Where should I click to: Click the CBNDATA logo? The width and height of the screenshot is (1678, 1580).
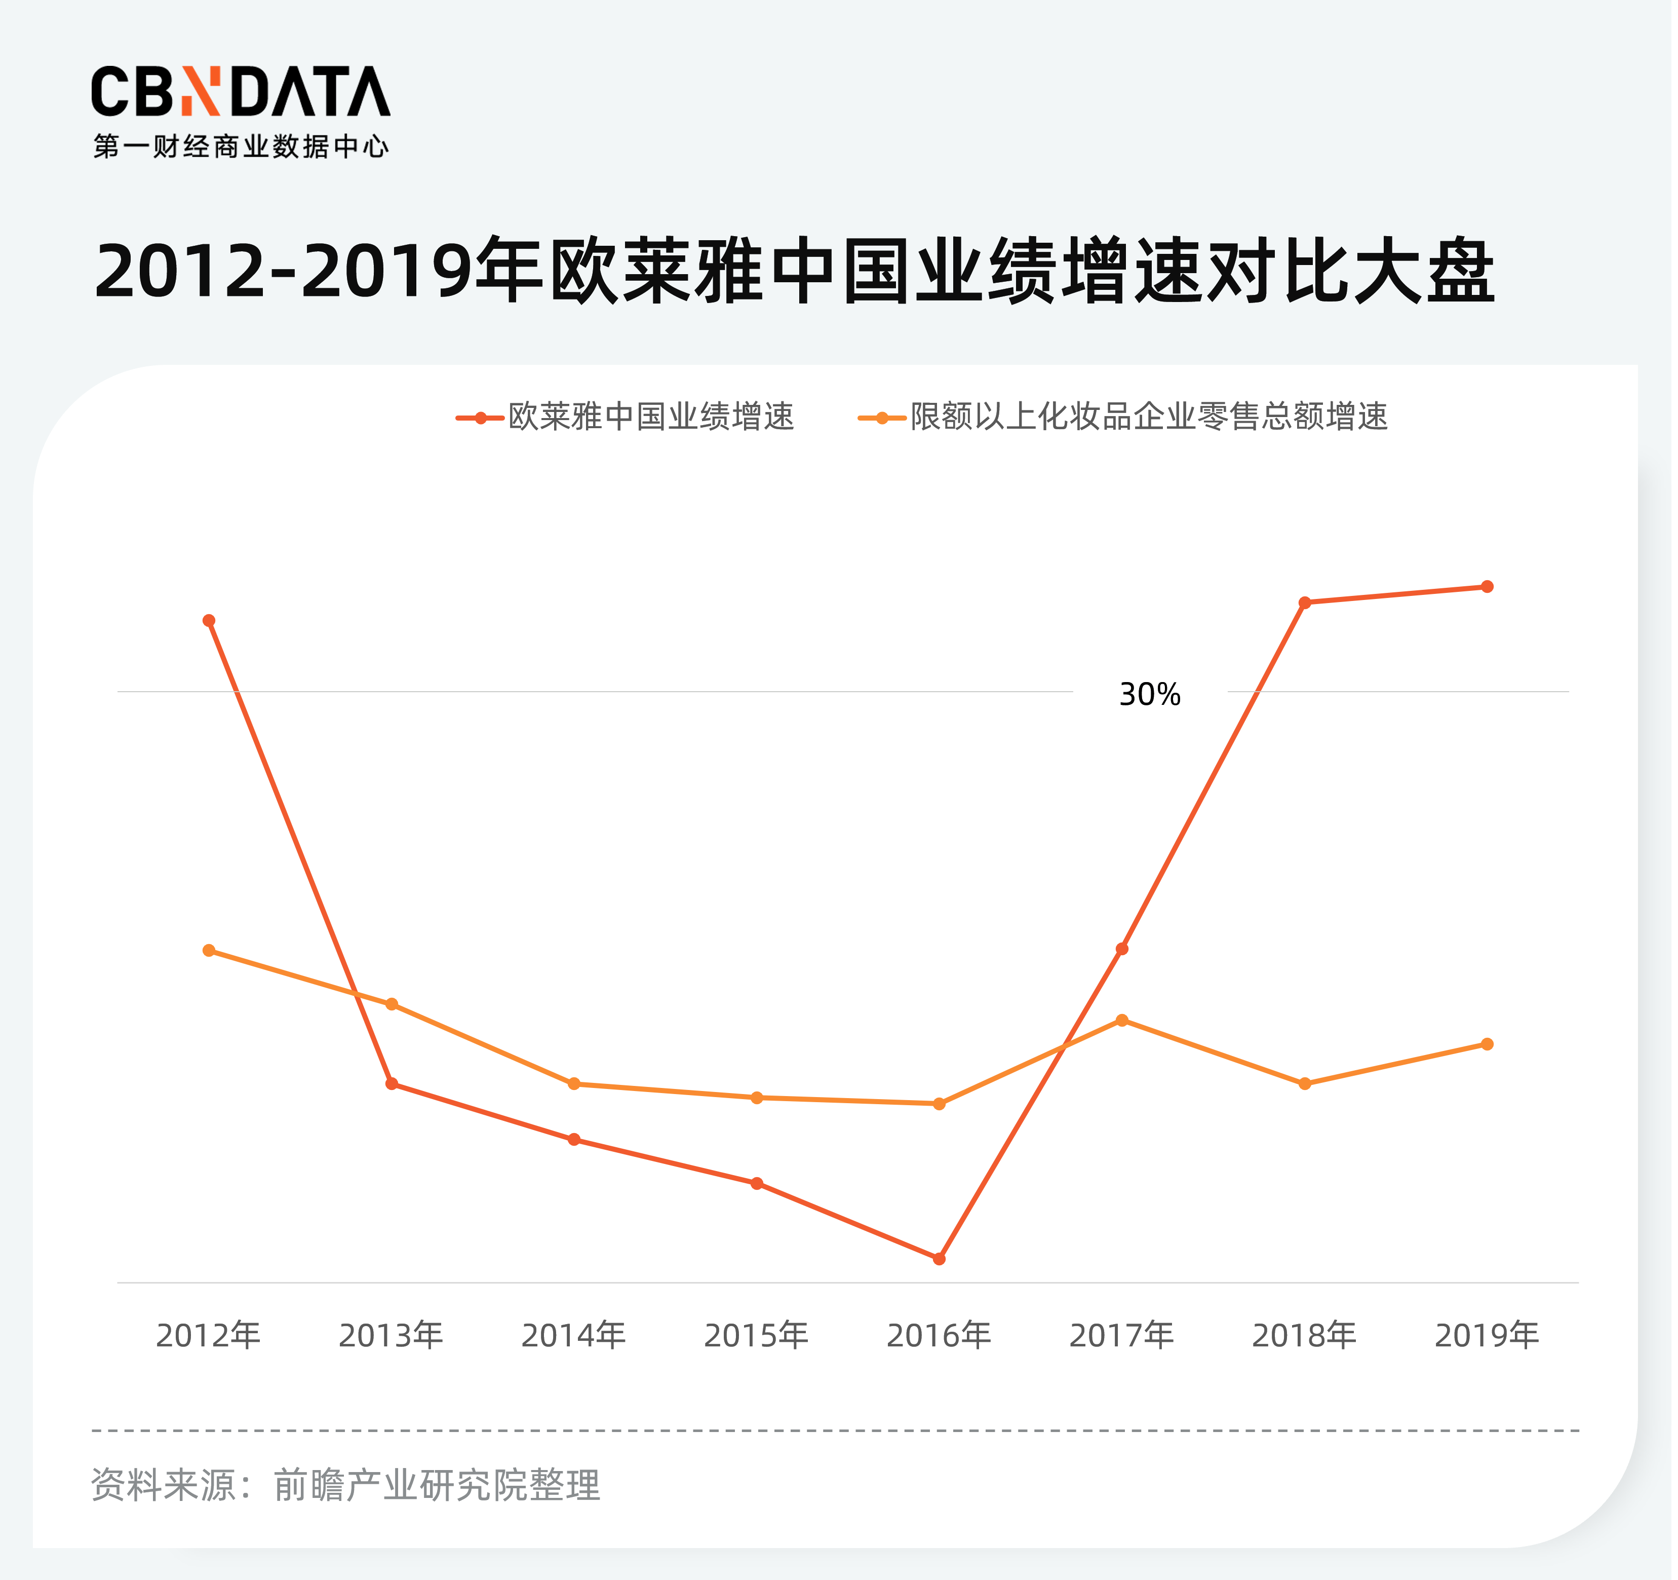241,91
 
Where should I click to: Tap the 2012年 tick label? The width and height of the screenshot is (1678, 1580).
209,1335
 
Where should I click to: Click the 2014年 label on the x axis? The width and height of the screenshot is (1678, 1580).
574,1335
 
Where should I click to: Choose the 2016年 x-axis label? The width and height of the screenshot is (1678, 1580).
939,1335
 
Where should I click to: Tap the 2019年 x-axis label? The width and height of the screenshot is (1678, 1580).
1487,1335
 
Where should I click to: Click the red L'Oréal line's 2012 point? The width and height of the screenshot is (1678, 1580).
209,621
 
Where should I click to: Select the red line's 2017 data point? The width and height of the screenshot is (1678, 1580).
1122,949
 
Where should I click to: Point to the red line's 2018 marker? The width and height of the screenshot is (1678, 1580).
1305,602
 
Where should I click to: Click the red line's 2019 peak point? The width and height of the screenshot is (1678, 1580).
1487,586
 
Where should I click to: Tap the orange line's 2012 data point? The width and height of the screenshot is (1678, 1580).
209,950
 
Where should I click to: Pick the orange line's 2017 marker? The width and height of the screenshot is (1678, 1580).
1122,1020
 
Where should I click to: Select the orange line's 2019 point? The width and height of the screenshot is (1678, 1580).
1487,1044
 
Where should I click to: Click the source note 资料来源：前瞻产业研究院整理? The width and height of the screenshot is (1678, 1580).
345,1485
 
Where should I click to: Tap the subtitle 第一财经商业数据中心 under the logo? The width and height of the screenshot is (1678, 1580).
241,147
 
